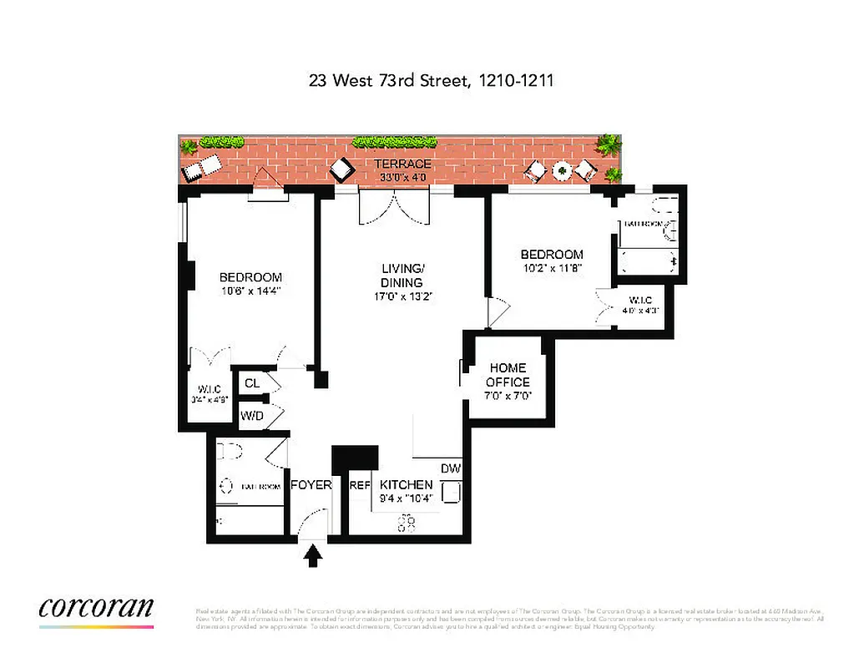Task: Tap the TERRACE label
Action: point(402,164)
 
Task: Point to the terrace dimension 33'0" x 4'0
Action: point(402,176)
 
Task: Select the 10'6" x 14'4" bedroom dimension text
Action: point(250,292)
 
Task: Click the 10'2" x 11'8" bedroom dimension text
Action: point(551,269)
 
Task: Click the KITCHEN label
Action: point(407,485)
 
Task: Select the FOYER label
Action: point(311,485)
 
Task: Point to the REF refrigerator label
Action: point(360,485)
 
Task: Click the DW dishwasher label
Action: point(451,468)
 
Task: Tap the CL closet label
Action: point(251,384)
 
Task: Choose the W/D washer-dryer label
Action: point(251,415)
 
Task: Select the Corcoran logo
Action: point(96,607)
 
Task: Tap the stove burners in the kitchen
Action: point(408,523)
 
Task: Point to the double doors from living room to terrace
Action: point(396,207)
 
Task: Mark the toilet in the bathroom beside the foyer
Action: point(229,453)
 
